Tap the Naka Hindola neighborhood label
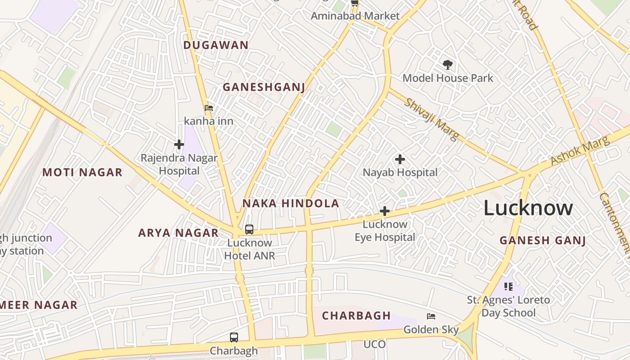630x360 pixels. [x=291, y=203]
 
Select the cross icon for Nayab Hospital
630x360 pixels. [x=400, y=159]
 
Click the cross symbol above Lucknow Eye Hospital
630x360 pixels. [x=385, y=211]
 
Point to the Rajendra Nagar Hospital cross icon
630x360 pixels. [x=179, y=144]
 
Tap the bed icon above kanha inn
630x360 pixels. [x=209, y=108]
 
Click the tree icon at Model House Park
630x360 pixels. [x=447, y=65]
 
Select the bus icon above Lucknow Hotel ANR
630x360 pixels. [x=249, y=229]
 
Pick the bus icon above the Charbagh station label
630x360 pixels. [x=234, y=337]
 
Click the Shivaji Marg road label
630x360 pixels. [x=431, y=119]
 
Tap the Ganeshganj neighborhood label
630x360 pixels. [x=264, y=87]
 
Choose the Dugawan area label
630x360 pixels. [x=216, y=45]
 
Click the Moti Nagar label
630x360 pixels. [x=82, y=172]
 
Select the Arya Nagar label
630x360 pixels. [x=178, y=233]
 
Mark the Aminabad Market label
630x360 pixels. [x=355, y=16]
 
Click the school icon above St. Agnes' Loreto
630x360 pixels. [x=508, y=286]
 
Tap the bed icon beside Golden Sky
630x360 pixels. [x=431, y=316]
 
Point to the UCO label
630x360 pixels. [x=374, y=345]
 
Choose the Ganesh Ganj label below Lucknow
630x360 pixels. [x=543, y=240]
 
